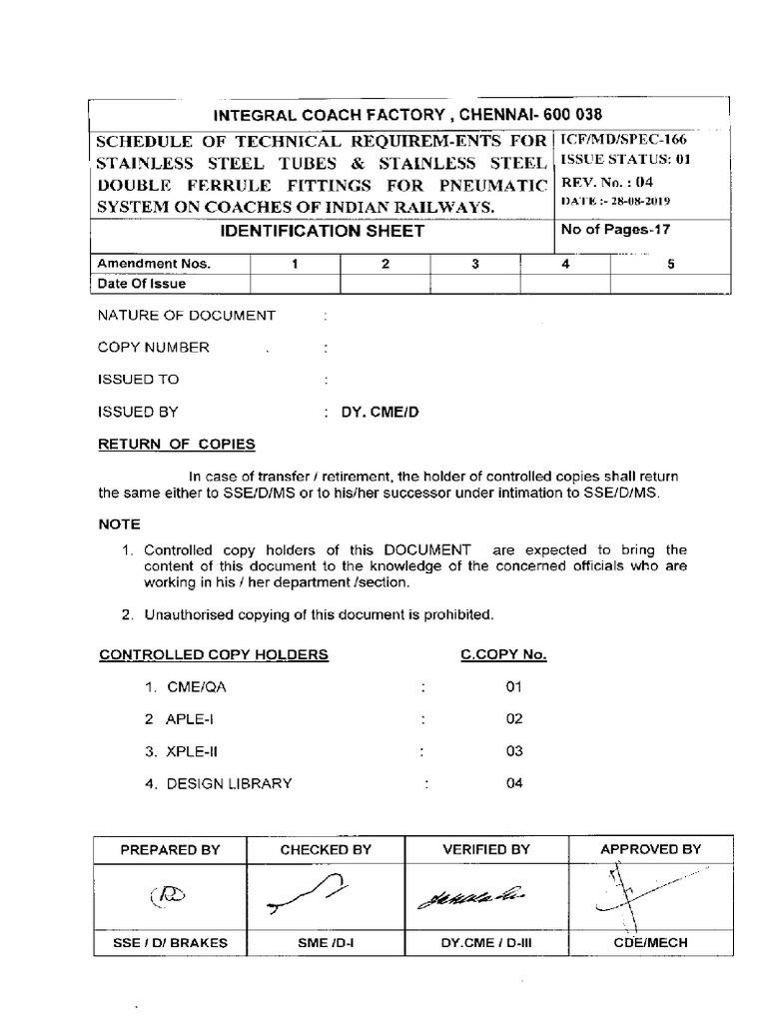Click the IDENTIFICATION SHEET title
321,232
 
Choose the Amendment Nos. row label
145,264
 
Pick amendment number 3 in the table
475,264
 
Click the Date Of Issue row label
141,284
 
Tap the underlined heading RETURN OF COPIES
176,444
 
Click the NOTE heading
119,523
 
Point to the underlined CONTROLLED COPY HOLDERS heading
213,655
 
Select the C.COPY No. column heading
503,655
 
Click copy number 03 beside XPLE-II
514,751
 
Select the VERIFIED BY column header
486,849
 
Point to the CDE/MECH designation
650,942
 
